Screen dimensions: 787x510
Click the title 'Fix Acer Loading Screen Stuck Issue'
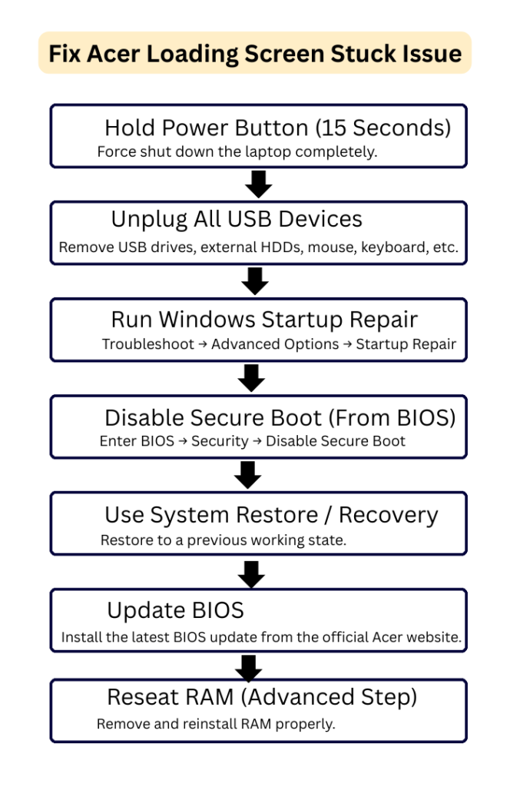coord(254,54)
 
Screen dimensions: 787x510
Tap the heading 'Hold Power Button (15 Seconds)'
coord(277,127)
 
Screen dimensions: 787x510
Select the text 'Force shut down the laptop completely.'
coord(237,151)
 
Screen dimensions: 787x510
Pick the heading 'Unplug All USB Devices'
coord(236,219)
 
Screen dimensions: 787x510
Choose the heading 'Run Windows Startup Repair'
coord(265,319)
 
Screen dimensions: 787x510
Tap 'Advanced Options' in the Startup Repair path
coord(274,344)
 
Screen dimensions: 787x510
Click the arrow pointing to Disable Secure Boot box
coord(251,377)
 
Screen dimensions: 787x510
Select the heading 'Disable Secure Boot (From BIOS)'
coord(280,417)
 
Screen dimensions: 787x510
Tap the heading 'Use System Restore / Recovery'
coord(271,514)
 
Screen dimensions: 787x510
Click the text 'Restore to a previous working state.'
coord(223,540)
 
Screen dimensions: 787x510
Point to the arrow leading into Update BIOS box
coord(251,573)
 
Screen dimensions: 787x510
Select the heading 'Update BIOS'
coord(175,610)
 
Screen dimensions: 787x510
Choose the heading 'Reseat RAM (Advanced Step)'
coord(261,697)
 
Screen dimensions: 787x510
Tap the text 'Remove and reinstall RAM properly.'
coord(216,724)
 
